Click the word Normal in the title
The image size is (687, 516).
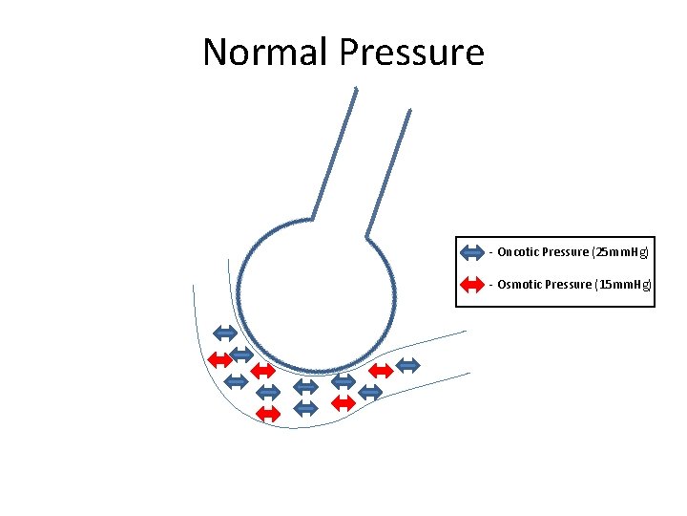tap(264, 52)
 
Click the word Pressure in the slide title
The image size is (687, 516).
tap(411, 52)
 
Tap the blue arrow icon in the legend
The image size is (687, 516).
tap(472, 252)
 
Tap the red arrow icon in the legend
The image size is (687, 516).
tap(472, 284)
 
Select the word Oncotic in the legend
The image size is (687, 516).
tap(517, 252)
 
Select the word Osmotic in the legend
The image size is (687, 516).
tap(518, 285)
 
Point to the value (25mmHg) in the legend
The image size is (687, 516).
tap(620, 252)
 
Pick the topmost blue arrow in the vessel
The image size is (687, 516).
tap(224, 333)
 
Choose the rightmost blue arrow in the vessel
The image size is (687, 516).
tap(407, 364)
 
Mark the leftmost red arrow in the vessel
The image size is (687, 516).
tap(219, 359)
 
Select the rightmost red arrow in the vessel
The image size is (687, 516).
tap(380, 370)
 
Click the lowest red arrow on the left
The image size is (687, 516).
tap(269, 413)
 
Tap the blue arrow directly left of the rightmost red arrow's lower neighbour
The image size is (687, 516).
tap(305, 408)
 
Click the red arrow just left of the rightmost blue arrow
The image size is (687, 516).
tap(380, 370)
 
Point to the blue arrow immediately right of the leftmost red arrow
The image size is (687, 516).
tap(242, 354)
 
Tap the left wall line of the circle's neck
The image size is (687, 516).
tap(334, 153)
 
